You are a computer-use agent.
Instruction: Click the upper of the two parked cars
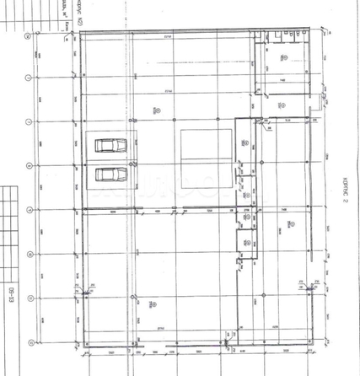pyautogui.click(x=109, y=146)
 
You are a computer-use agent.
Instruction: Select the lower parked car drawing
pyautogui.click(x=109, y=175)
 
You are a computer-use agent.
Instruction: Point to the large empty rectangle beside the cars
pyautogui.click(x=206, y=160)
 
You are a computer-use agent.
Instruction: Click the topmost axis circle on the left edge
pyautogui.click(x=30, y=37)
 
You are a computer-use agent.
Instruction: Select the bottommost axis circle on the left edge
pyautogui.click(x=30, y=341)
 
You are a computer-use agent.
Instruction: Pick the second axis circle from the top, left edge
pyautogui.click(x=30, y=78)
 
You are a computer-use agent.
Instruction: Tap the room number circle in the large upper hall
pyautogui.click(x=157, y=109)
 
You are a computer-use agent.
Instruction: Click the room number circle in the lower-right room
pyautogui.click(x=290, y=224)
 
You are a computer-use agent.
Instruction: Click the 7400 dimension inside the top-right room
pyautogui.click(x=285, y=78)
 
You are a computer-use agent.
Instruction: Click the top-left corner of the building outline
pyautogui.click(x=83, y=34)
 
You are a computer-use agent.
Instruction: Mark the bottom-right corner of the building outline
pyautogui.click(x=319, y=346)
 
